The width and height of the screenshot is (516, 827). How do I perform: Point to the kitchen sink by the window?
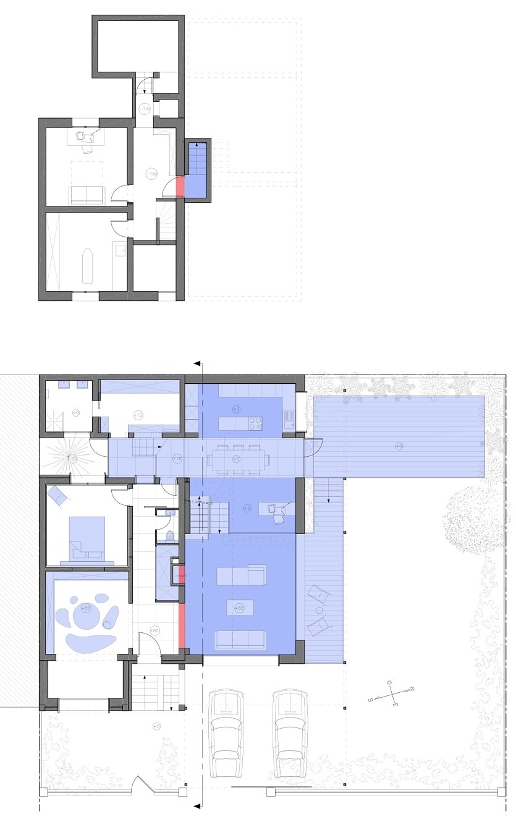(287, 422)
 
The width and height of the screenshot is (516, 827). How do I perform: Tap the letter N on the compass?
(412, 689)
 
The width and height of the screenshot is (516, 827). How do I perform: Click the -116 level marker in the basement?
(144, 109)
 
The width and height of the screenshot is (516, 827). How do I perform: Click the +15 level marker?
(138, 415)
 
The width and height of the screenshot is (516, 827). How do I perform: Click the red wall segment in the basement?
(180, 187)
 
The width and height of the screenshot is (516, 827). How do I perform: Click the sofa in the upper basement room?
(87, 195)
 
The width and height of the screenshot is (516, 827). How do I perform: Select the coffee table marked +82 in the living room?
(240, 608)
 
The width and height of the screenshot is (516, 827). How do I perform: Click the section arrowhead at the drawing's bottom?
(198, 805)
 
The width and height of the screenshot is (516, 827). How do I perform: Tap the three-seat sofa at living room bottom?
(240, 640)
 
